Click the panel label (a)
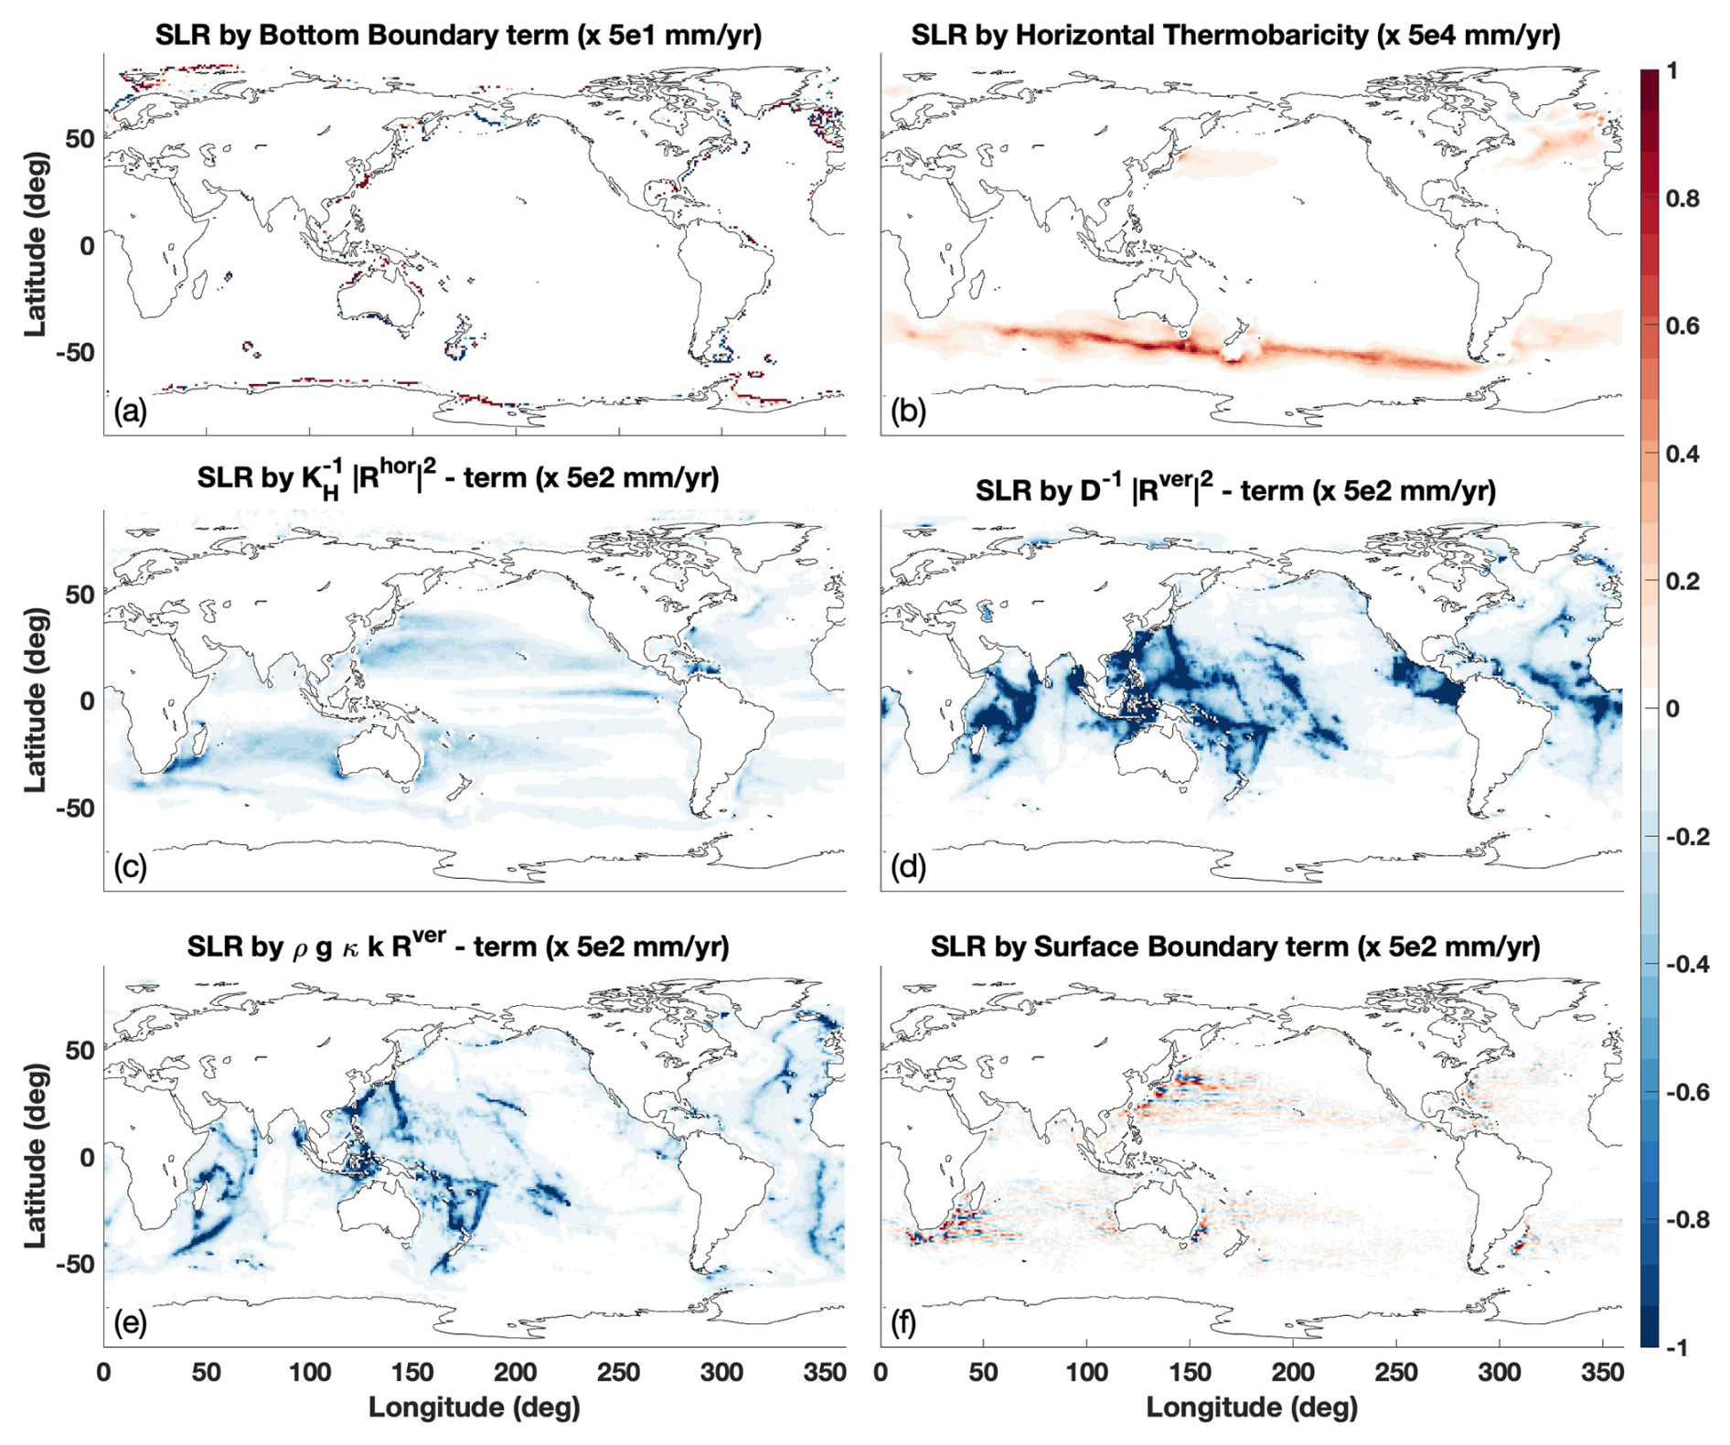[130, 412]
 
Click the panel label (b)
[907, 412]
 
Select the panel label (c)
[130, 866]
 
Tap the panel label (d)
[907, 866]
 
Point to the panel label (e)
[130, 1322]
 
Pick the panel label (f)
[903, 1322]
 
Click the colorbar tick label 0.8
[1682, 198]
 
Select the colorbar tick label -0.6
[1686, 1092]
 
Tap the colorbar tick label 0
[1672, 709]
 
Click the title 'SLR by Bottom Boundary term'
[458, 35]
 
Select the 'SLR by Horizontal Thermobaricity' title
[1235, 35]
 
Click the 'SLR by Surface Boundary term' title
[1235, 947]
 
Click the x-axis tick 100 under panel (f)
[1086, 1371]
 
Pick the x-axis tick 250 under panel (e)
[619, 1371]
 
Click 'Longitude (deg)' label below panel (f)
[1251, 1408]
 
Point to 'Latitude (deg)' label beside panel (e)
[35, 1156]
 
